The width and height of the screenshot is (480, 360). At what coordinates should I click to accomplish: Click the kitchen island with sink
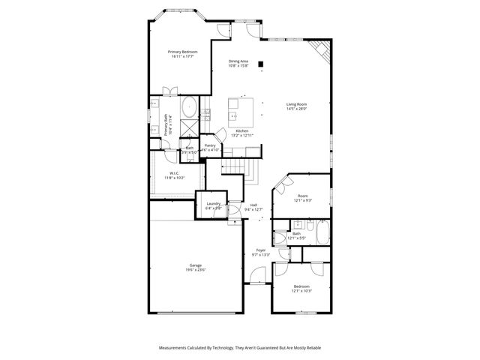click(x=241, y=112)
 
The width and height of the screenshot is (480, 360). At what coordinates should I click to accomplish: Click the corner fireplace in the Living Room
click(x=322, y=51)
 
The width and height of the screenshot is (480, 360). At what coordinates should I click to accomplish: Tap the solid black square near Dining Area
click(x=260, y=64)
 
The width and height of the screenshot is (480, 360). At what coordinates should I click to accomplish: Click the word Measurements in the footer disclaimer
click(x=177, y=348)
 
